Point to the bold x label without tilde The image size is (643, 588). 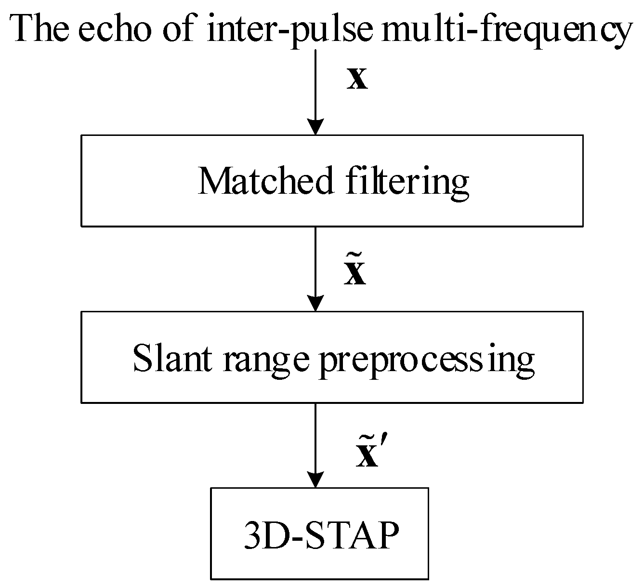pos(357,80)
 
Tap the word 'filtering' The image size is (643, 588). pos(407,182)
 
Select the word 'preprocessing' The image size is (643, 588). pos(427,361)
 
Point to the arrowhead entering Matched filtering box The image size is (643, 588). pos(315,127)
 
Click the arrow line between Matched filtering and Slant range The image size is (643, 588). pos(315,260)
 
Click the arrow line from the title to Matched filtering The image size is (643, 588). pos(315,82)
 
